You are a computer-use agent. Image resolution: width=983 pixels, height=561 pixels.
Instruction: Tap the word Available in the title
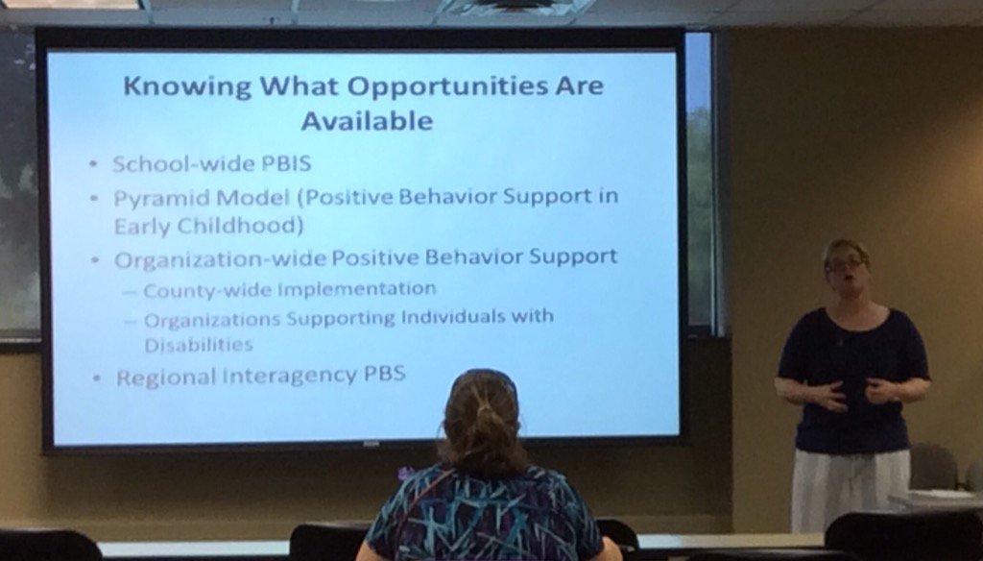[x=366, y=121]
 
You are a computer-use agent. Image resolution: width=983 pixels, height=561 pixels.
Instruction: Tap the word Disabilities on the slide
[x=199, y=344]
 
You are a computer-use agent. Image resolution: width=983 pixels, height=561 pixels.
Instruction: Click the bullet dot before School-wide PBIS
[x=94, y=164]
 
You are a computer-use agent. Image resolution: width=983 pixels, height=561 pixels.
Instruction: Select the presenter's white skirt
[x=849, y=490]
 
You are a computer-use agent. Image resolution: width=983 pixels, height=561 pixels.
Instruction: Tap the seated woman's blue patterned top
[x=484, y=519]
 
